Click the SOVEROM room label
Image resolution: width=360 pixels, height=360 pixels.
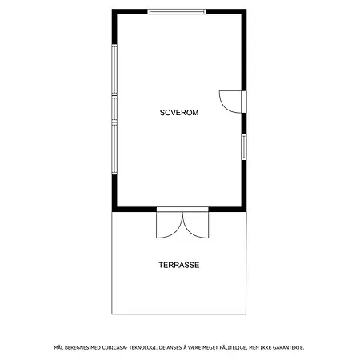coord(179,113)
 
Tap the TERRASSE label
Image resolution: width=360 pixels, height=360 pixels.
coord(179,265)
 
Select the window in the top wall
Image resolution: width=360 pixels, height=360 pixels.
coord(177,11)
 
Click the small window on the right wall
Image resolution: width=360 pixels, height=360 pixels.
coord(244,146)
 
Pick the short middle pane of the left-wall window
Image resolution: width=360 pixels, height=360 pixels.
coord(114,109)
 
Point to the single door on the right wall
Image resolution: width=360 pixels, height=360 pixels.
coord(231,102)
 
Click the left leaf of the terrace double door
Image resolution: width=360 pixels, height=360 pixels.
coord(170,225)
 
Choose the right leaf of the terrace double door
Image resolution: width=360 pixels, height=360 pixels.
coord(195,225)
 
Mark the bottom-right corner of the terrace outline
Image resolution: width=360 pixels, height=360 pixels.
coord(246,314)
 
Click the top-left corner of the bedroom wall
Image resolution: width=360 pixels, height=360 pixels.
coord(112,10)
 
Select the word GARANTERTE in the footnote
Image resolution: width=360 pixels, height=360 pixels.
coord(289,347)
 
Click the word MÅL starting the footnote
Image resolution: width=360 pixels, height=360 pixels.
coord(58,347)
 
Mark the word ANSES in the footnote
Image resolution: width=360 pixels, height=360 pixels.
coord(174,347)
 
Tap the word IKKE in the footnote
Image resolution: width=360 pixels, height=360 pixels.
coord(266,347)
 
